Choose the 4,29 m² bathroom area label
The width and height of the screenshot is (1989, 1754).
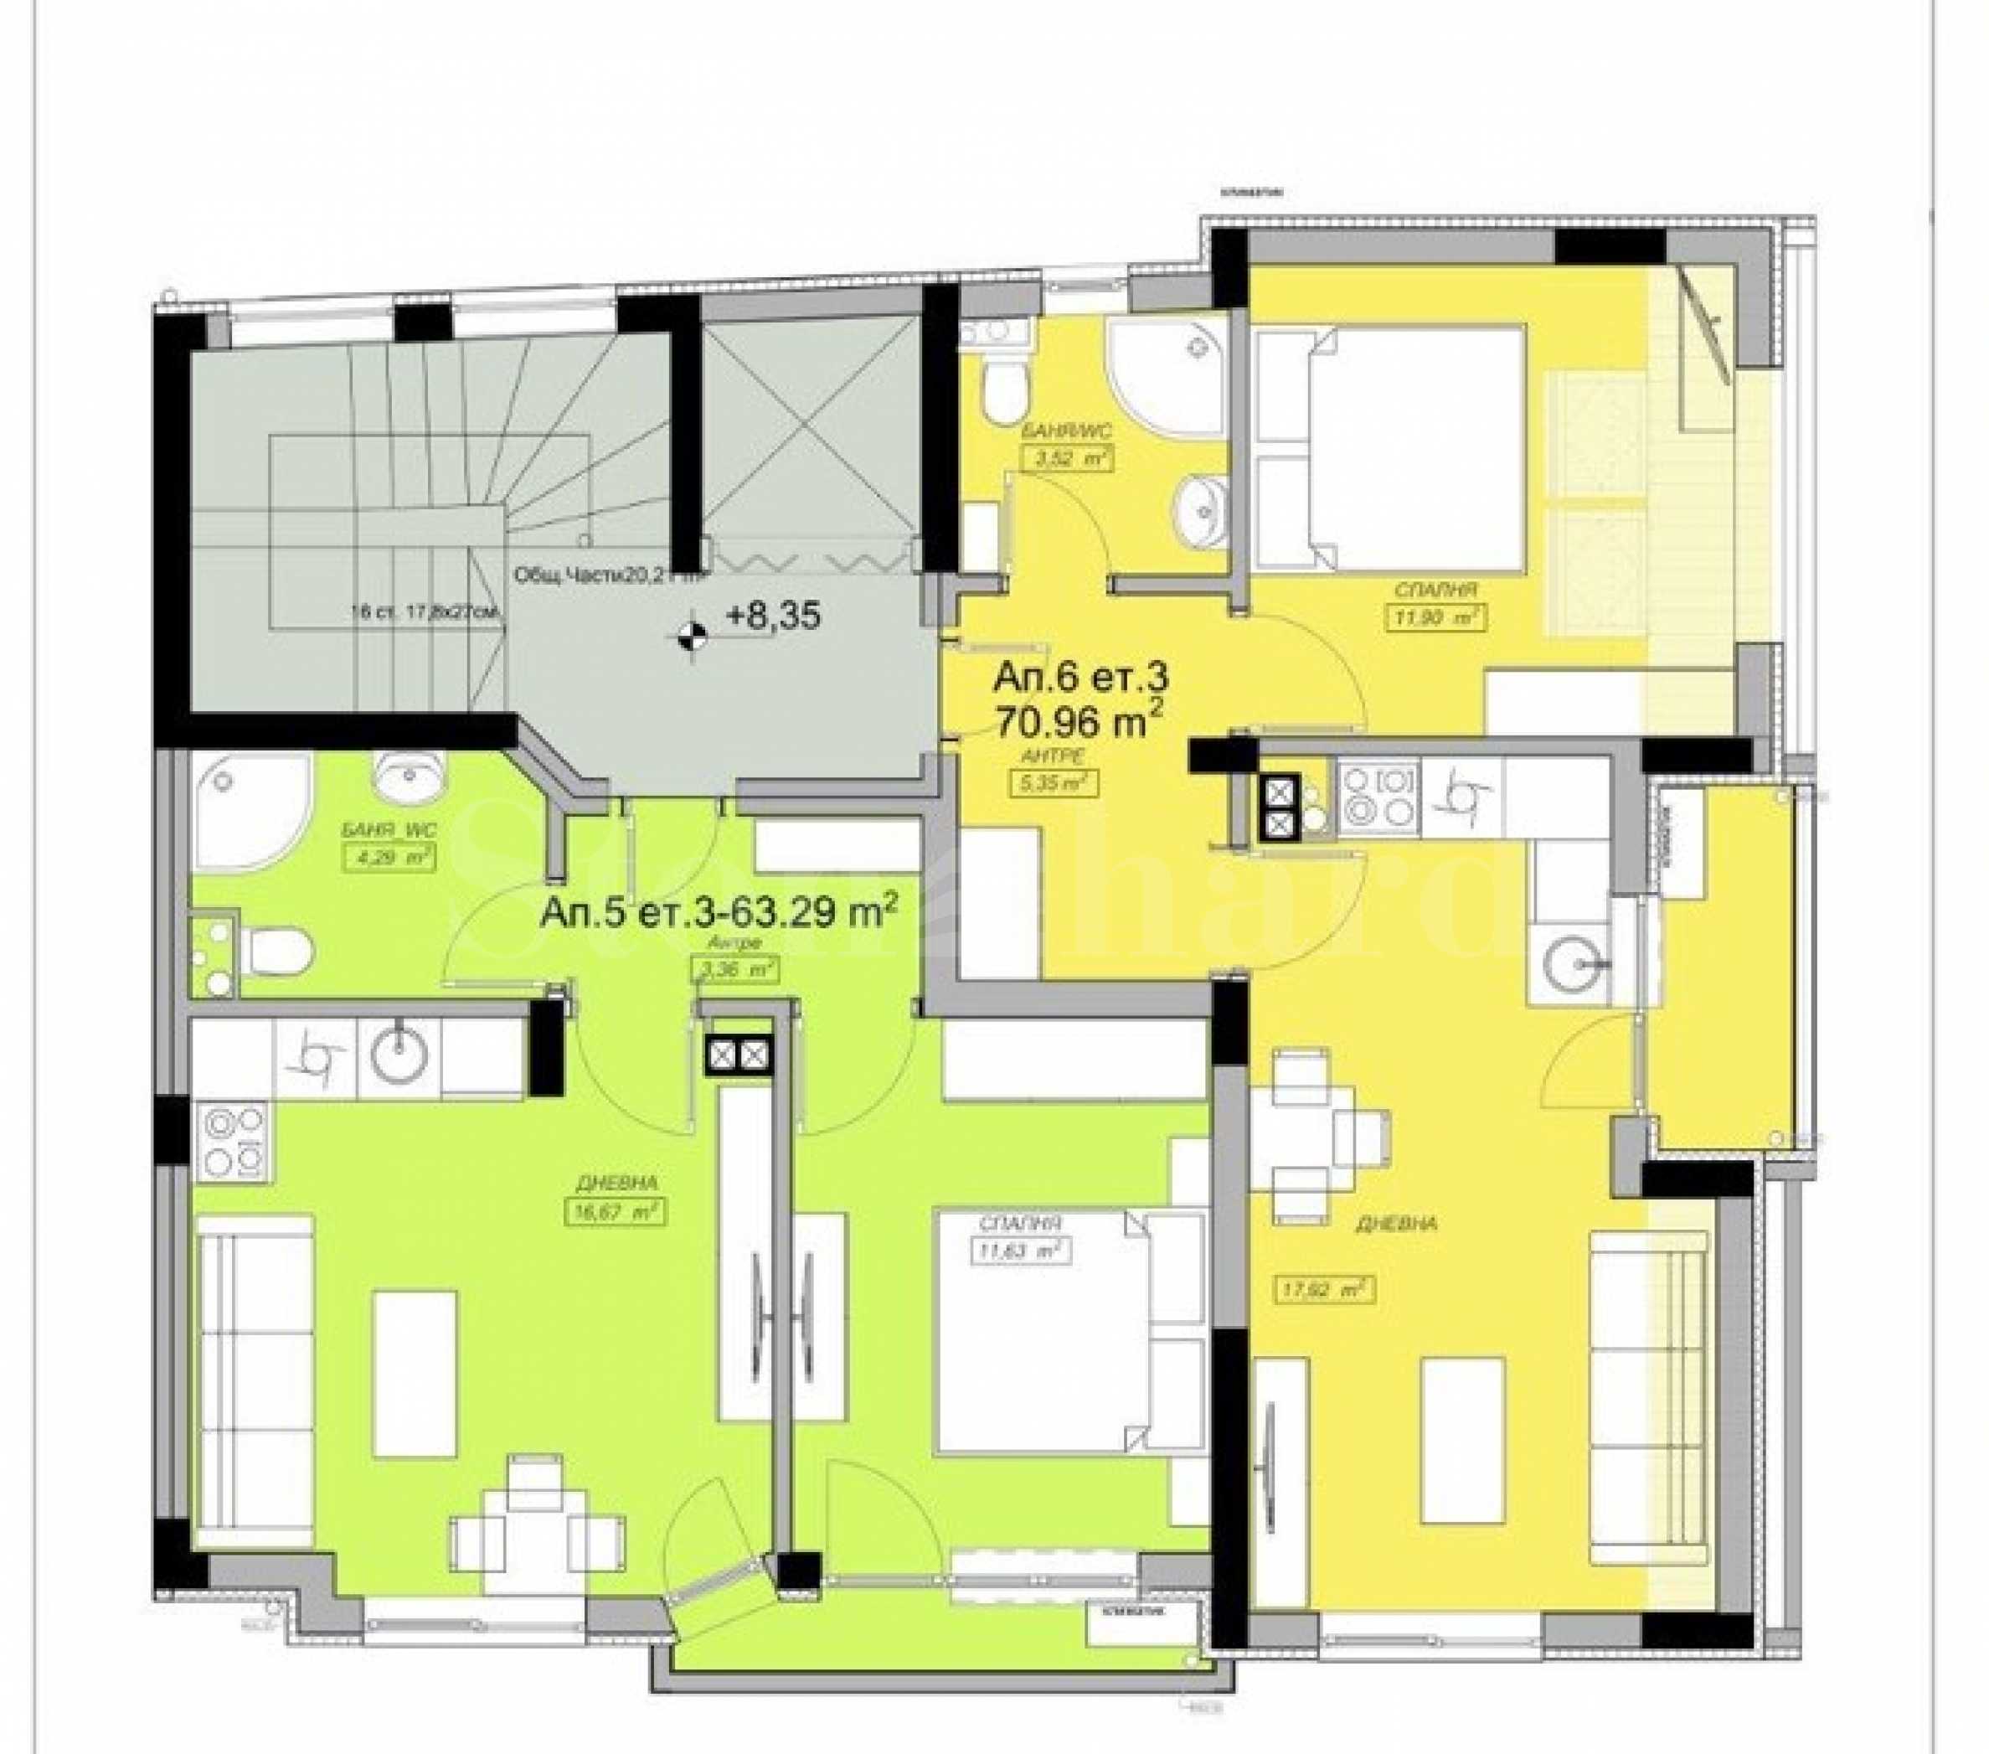pos(389,858)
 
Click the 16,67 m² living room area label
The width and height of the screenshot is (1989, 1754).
pos(615,1210)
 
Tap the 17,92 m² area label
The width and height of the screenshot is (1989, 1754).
pos(1323,1289)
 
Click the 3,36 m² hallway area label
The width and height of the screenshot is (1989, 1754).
pos(734,968)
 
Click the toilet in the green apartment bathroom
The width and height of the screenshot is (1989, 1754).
pos(277,949)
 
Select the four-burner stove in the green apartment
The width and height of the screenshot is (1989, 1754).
pos(234,1139)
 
